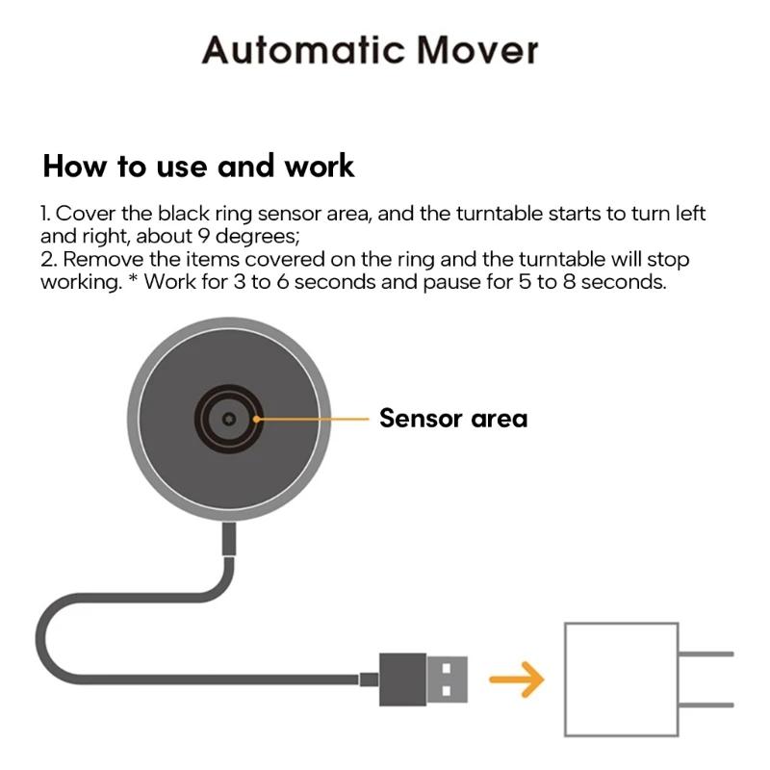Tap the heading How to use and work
click(198, 166)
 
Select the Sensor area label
click(452, 419)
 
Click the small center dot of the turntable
click(228, 420)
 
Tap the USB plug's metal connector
click(448, 678)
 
